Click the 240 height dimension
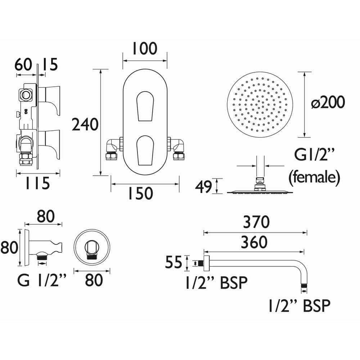pos(85,125)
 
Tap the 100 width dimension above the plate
pos(145,49)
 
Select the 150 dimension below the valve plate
pos(140,193)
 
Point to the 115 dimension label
pos(37,184)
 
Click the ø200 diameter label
pos(328,103)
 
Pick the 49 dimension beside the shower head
pos(203,187)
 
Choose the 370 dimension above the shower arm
pos(256,222)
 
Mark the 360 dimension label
pos(254,242)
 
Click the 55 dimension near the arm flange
pos(174,263)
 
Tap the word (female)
pos(315,177)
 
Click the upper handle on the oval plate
pos(145,107)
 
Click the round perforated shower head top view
pos(260,104)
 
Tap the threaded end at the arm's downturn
pos(304,286)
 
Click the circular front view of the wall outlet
pos(92,248)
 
